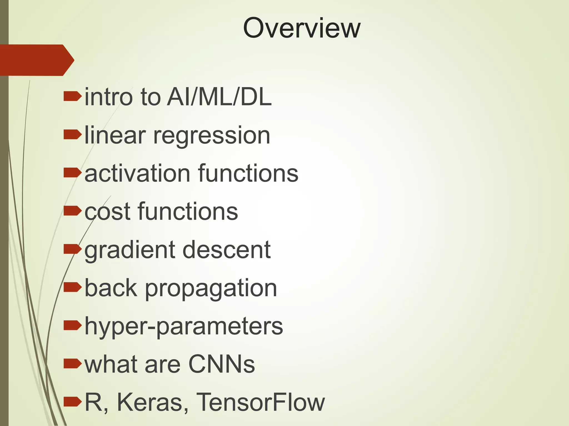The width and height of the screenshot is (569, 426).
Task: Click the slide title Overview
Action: coord(301,28)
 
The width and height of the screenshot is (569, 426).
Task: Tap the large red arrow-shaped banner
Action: coord(36,60)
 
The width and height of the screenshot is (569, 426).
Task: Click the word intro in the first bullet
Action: coord(109,97)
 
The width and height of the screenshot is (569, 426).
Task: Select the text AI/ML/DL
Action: coord(219,97)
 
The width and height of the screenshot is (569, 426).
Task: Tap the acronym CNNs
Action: coord(221,364)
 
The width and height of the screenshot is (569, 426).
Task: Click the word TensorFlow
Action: coord(260,402)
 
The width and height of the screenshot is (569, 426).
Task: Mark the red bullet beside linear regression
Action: coord(72,135)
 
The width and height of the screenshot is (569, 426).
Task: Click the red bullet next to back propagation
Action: coord(72,287)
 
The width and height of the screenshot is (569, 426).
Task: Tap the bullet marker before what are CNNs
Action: coord(72,364)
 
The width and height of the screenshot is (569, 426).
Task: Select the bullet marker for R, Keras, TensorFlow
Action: coord(72,401)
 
